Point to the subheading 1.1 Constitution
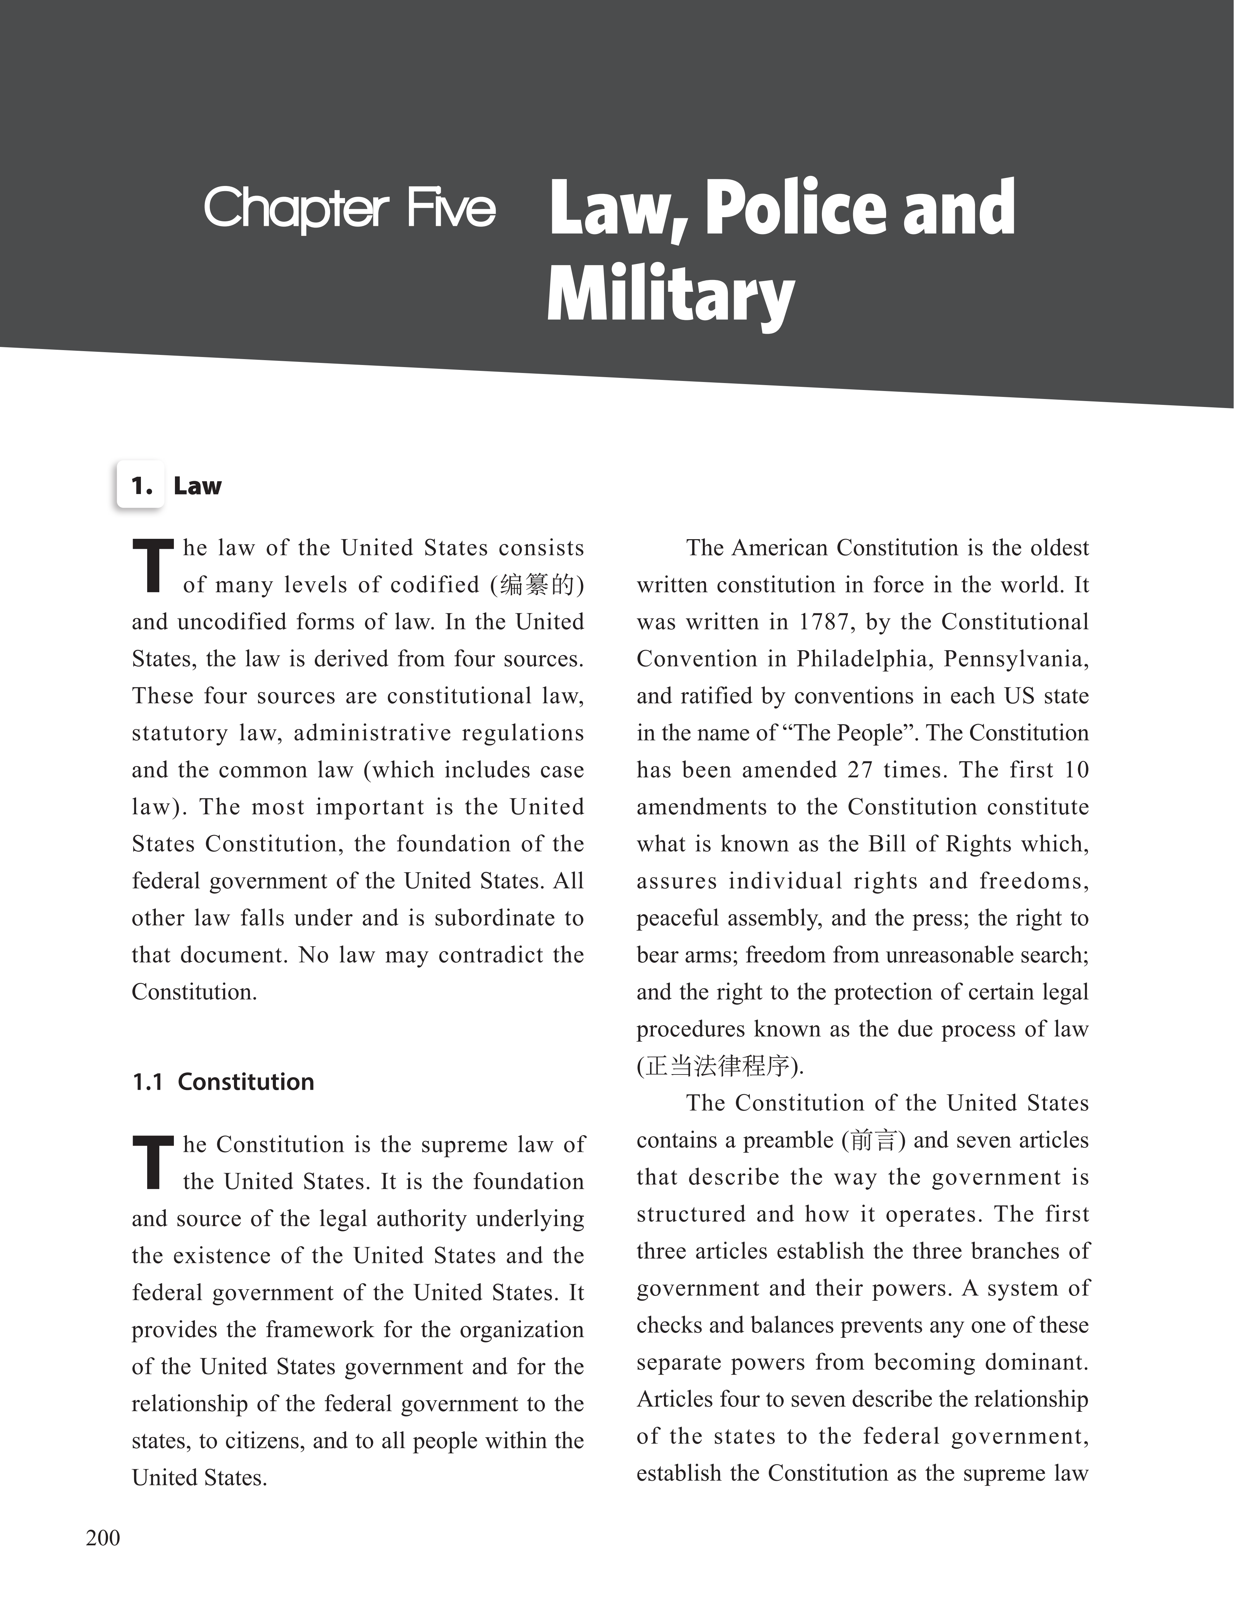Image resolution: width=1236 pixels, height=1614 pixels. (x=223, y=1082)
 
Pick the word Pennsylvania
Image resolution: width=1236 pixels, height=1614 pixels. (x=1015, y=659)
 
